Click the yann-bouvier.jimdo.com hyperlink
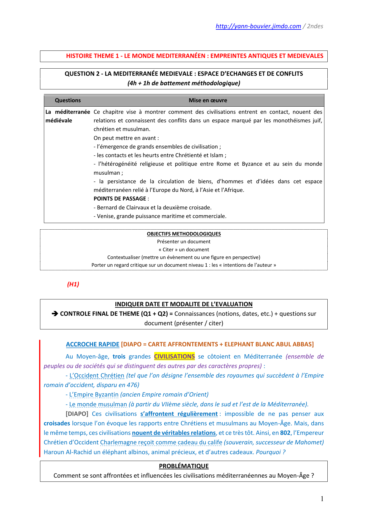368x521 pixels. [x=258, y=26]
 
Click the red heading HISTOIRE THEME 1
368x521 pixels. [x=195, y=56]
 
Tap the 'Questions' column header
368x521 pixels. [x=68, y=100]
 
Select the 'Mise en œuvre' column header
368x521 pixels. [x=208, y=100]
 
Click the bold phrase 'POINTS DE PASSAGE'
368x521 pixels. [x=120, y=199]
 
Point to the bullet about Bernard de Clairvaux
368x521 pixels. [x=152, y=207]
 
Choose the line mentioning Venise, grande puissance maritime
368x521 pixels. [x=160, y=216]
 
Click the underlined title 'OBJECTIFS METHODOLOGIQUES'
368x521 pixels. [x=184, y=234]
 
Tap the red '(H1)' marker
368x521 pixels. [x=73, y=284]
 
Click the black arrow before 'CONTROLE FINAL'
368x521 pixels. [x=55, y=314]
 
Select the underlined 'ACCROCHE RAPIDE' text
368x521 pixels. [x=93, y=344]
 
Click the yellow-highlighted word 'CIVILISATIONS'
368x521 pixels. [x=174, y=356]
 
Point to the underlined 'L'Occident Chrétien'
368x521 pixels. [x=97, y=375]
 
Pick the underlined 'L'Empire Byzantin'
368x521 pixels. [x=94, y=394]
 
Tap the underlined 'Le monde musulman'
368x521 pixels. [x=98, y=404]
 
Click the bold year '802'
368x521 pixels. [x=285, y=433]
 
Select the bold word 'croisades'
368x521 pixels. [x=57, y=423]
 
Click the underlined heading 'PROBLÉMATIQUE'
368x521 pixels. [x=184, y=466]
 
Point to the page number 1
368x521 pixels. [x=322, y=499]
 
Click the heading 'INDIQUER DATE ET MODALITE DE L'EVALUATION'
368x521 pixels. [x=184, y=304]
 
